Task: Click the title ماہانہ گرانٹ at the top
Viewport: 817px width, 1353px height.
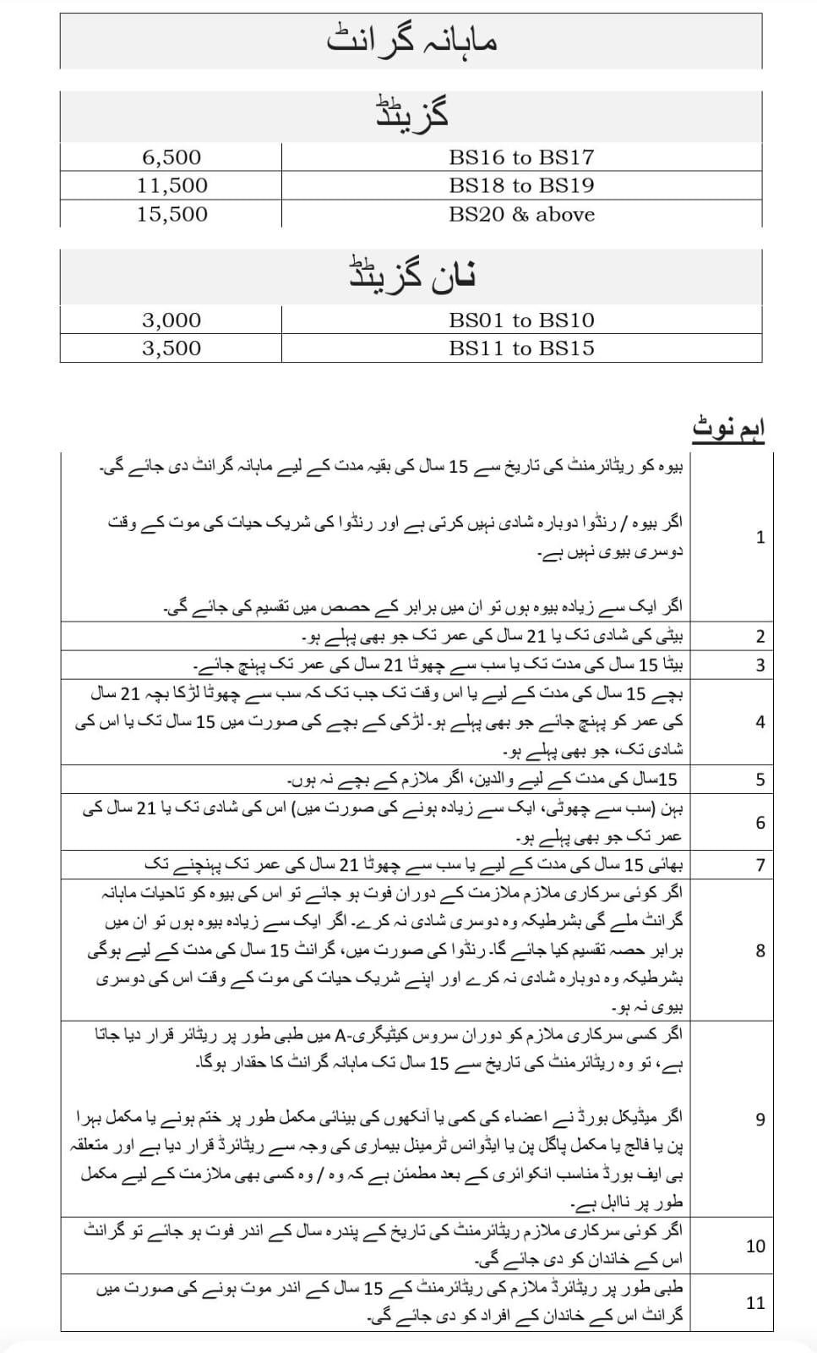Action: [411, 40]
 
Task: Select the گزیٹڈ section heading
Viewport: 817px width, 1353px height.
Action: [411, 114]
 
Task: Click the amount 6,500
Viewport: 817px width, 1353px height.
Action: [172, 157]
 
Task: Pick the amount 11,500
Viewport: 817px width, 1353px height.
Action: [172, 185]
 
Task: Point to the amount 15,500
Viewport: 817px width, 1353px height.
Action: [172, 214]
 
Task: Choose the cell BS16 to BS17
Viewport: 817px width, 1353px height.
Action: [521, 157]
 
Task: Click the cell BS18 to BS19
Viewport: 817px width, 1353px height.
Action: [521, 185]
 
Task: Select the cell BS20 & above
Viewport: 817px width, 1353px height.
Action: [521, 214]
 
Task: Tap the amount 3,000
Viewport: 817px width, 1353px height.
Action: [172, 320]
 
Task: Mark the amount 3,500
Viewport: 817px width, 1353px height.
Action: [172, 348]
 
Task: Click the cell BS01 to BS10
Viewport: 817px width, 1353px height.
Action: [521, 320]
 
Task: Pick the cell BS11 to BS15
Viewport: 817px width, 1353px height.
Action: [521, 348]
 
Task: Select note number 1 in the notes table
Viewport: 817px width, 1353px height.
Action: [760, 537]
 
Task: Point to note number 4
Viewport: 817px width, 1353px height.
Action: [760, 722]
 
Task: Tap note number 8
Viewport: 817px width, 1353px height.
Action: [760, 950]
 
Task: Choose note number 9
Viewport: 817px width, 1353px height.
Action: [760, 1120]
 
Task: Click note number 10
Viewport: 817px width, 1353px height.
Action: [755, 1246]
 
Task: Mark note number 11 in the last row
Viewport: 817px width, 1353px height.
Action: [755, 1303]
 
